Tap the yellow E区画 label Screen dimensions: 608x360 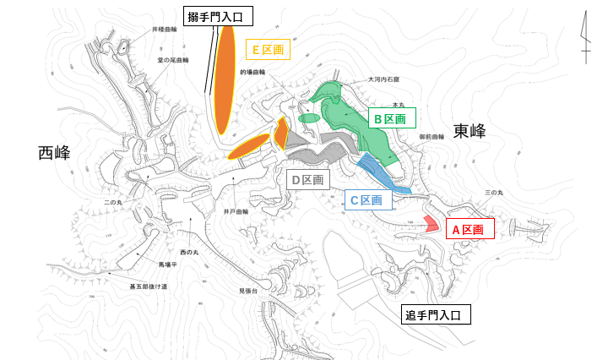point(266,51)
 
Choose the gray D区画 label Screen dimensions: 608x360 point(307,179)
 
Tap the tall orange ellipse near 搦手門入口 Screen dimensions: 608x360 point(225,79)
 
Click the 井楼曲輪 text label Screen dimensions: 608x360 point(165,29)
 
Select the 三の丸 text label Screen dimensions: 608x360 point(494,194)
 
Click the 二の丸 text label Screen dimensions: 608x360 point(114,204)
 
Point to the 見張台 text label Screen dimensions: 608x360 point(247,291)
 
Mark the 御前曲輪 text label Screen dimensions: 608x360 point(432,135)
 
